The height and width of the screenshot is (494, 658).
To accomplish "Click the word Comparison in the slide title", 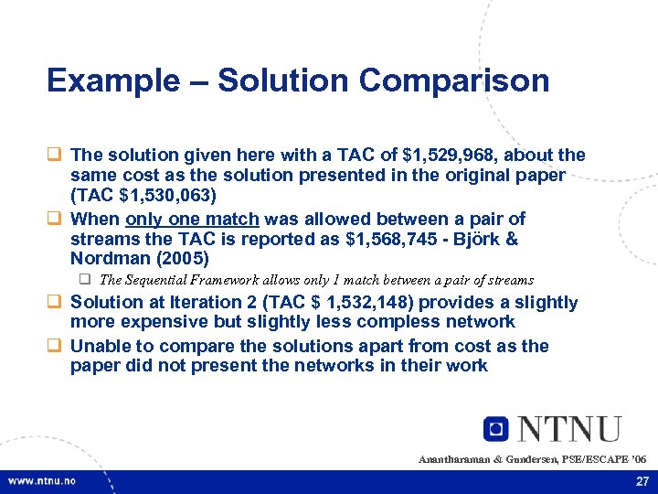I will pos(454,81).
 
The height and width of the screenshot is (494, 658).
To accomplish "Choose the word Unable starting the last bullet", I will pos(101,346).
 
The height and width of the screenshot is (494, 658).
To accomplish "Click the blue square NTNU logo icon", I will pos(496,428).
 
